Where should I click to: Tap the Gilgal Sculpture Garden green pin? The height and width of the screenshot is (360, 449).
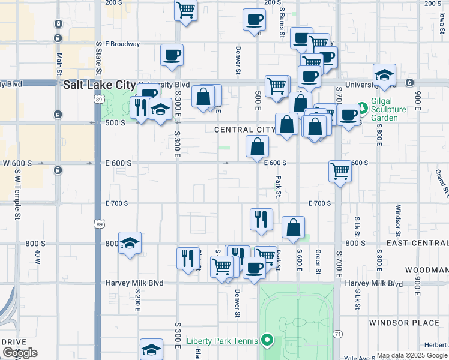click(362, 110)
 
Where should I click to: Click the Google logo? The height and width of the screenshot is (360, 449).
click(20, 353)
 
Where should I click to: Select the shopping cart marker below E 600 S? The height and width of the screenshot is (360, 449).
click(340, 172)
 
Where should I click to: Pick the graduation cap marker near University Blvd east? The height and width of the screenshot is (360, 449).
click(384, 75)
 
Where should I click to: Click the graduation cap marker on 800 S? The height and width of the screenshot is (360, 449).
click(130, 243)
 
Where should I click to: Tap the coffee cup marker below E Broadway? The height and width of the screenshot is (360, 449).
click(172, 55)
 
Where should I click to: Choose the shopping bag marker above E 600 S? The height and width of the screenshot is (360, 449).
click(258, 146)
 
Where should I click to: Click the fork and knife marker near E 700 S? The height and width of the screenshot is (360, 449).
click(261, 219)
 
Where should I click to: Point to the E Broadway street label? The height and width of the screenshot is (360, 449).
click(122, 44)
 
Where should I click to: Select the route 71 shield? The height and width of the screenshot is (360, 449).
click(338, 334)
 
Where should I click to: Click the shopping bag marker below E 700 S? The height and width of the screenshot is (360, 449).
click(294, 227)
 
